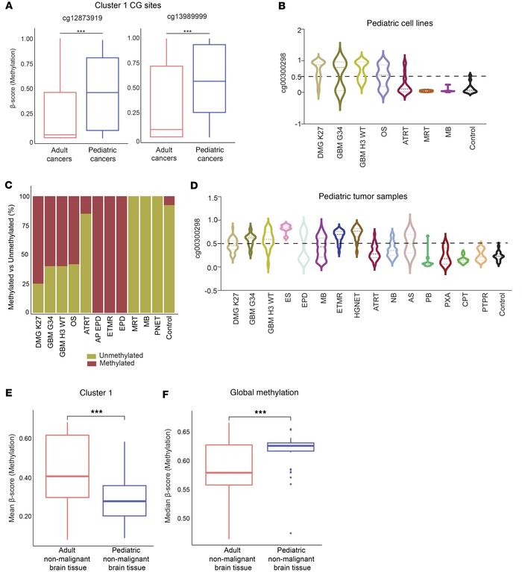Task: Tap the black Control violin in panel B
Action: point(470,86)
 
